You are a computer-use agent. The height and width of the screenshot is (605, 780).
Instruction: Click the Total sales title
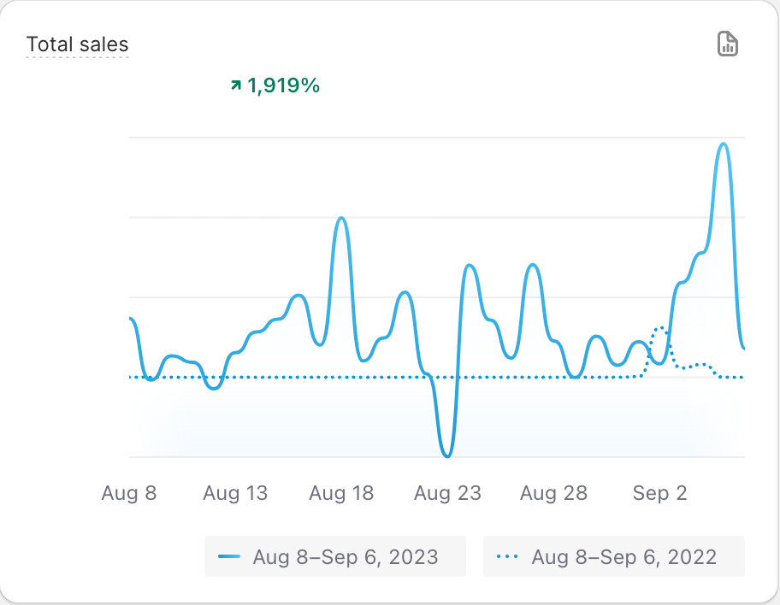pos(77,44)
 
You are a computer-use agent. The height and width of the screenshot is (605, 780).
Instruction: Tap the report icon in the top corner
pos(727,44)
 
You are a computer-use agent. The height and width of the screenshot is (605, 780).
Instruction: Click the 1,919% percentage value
pos(283,85)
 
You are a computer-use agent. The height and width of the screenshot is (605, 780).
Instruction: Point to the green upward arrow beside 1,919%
pos(236,85)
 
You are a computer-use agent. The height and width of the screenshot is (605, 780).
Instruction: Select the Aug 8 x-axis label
pos(129,493)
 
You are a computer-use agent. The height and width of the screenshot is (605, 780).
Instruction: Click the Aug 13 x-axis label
pos(235,493)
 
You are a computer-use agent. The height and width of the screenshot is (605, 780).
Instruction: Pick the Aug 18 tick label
pos(341,493)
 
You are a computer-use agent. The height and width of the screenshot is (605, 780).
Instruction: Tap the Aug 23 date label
pos(447,493)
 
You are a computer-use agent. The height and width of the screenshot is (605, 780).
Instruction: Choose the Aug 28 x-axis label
pos(553,493)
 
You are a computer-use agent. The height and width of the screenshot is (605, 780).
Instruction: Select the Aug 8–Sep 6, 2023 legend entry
pos(334,557)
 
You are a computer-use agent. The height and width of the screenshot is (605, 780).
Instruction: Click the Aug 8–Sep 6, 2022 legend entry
pos(613,557)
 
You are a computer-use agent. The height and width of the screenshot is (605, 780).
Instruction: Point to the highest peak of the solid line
pos(724,144)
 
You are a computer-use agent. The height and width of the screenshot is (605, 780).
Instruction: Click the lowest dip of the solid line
pos(446,456)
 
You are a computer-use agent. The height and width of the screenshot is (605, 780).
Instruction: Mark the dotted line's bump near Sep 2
pos(660,328)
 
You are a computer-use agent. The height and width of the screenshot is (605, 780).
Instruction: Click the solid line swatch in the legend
pos(229,557)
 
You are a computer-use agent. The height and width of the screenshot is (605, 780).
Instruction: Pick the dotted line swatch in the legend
pos(508,557)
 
